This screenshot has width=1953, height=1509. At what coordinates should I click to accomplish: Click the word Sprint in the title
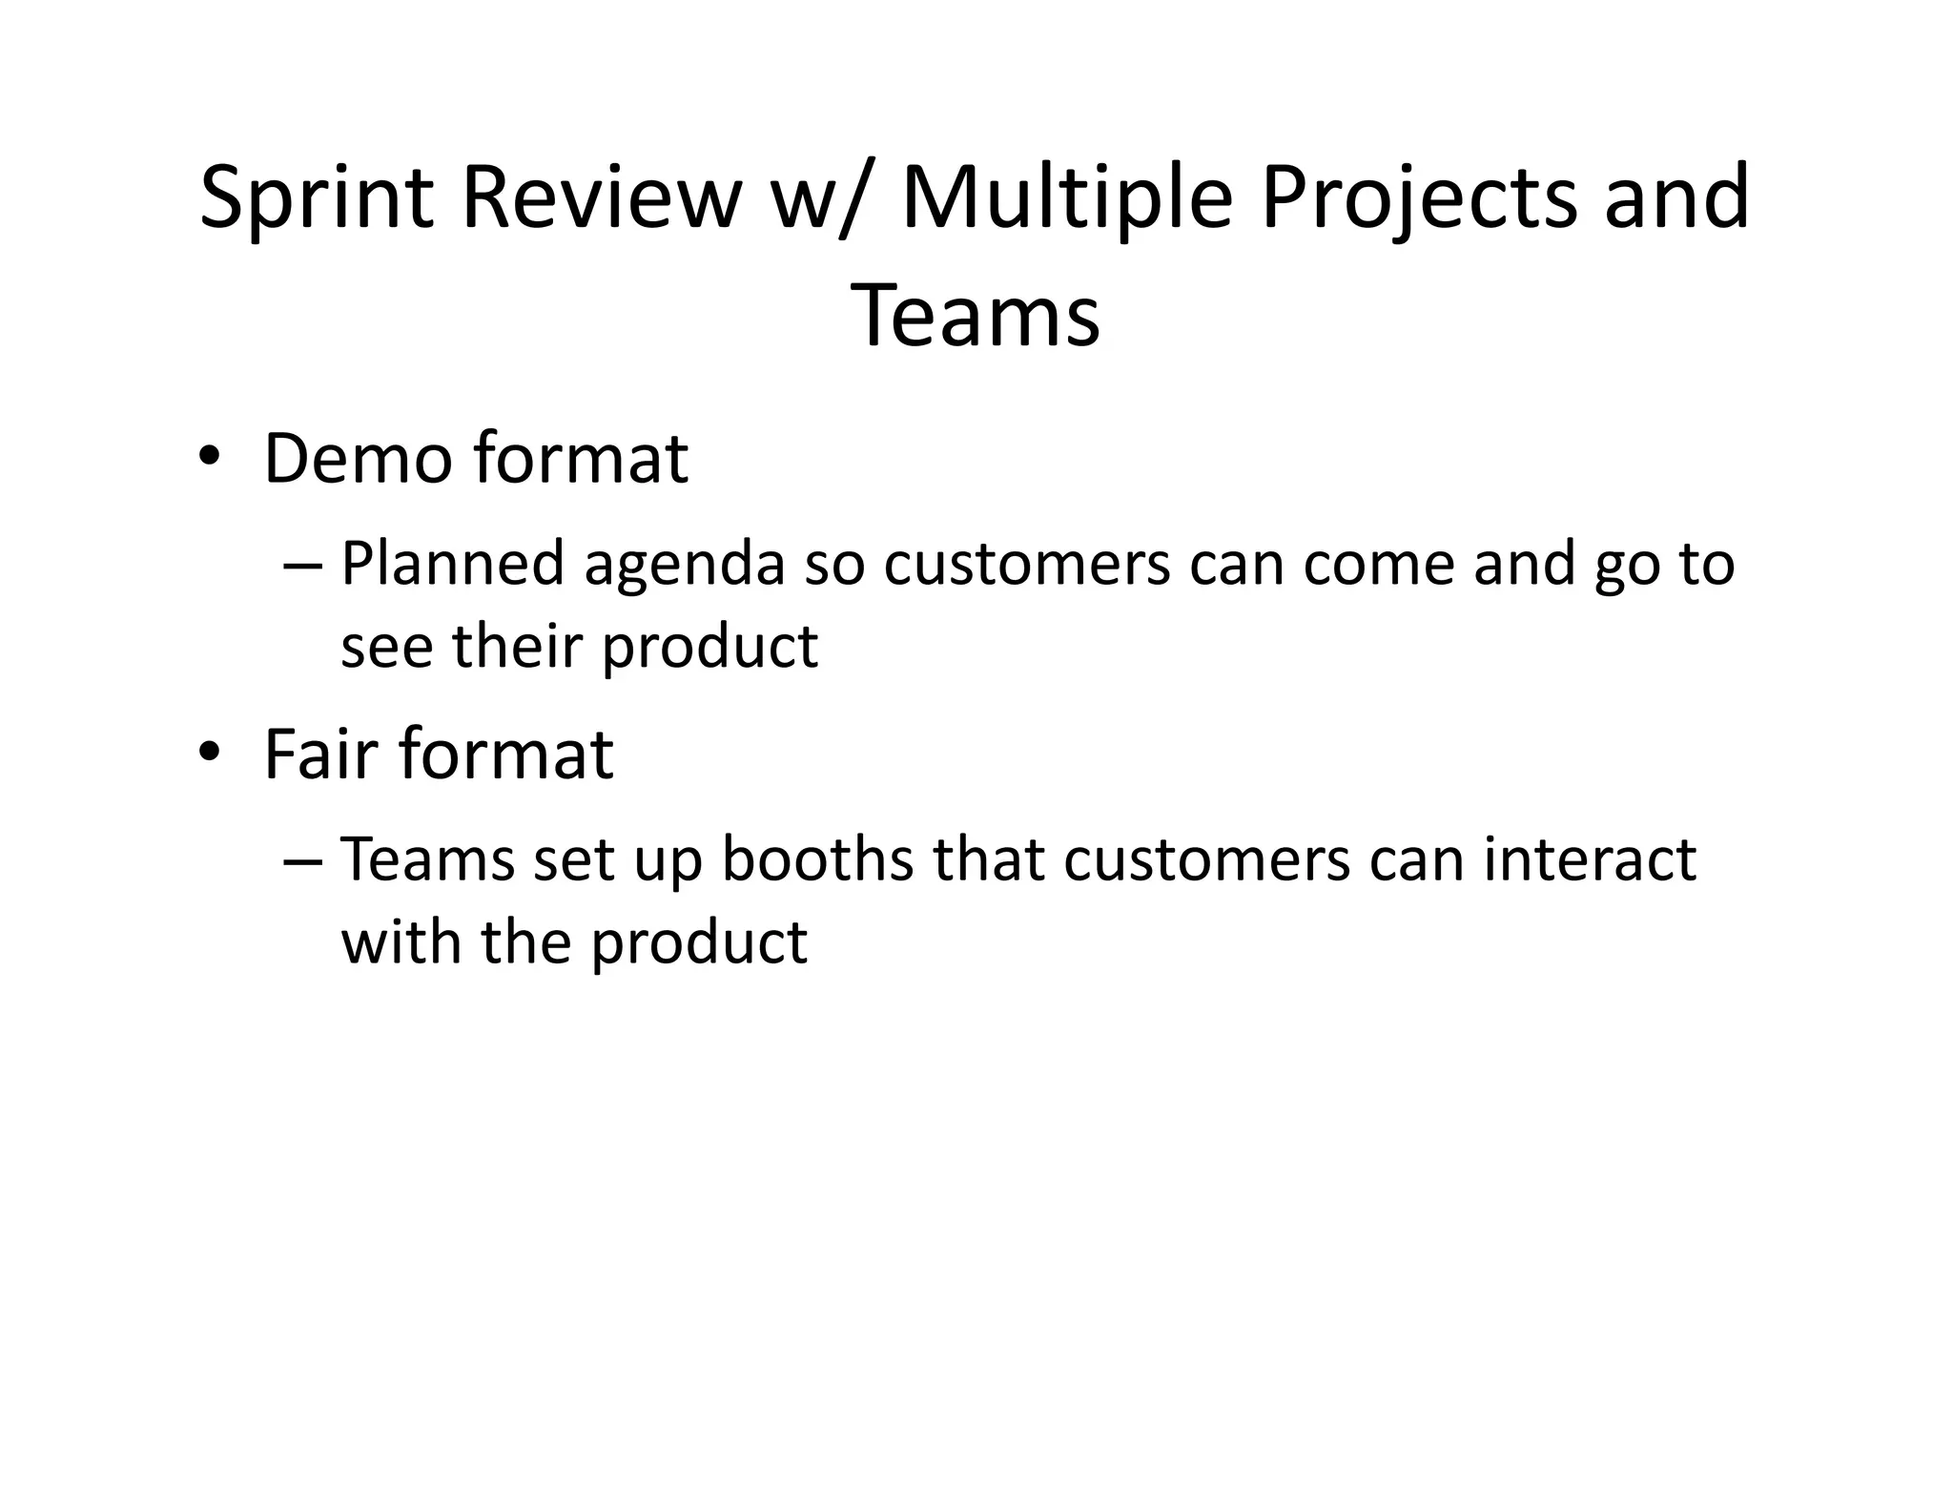click(x=317, y=198)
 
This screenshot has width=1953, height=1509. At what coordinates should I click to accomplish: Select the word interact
click(x=1590, y=859)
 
